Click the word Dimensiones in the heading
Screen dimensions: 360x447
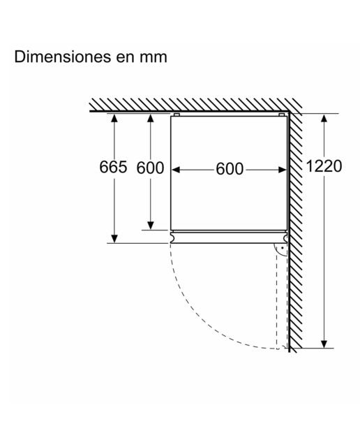pos(62,57)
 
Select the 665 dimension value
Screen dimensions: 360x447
pos(113,167)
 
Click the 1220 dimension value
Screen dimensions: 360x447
pos(324,166)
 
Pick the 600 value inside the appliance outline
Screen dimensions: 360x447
pos(230,169)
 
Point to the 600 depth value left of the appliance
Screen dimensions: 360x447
pos(150,168)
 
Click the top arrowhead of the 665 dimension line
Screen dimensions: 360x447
pos(114,118)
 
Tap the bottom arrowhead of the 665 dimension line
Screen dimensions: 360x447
pos(114,239)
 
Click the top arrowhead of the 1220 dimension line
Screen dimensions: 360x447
pos(324,118)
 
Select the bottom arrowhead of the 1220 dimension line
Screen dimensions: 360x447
pos(324,344)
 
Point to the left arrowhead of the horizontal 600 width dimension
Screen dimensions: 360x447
pos(176,170)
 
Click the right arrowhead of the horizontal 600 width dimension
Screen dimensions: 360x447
pos(283,170)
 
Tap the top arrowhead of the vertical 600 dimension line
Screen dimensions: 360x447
pos(151,118)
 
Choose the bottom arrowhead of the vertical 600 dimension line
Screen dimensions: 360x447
pos(151,226)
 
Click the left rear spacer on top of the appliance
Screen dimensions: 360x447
pos(177,115)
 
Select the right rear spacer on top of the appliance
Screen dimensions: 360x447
pos(281,115)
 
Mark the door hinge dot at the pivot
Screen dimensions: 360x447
pos(283,248)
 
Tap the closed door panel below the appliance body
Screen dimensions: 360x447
pos(229,237)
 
